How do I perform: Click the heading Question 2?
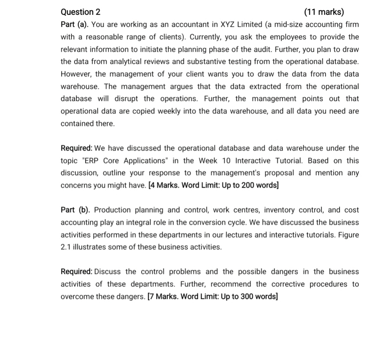coord(79,12)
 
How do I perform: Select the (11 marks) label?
coord(324,12)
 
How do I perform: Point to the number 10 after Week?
coord(226,161)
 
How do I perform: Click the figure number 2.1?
coord(65,247)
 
